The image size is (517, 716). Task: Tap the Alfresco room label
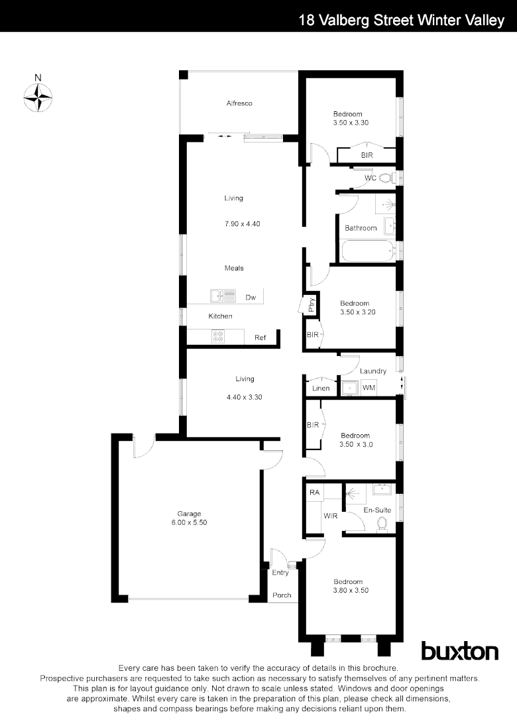[239, 103]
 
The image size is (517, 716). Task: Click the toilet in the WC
[385, 178]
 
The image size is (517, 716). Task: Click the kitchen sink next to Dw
[219, 296]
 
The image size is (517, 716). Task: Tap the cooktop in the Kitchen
[218, 337]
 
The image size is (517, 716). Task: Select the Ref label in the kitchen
[260, 338]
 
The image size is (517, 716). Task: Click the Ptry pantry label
[310, 304]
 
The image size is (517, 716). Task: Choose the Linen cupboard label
[321, 388]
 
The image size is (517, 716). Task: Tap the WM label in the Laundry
[369, 388]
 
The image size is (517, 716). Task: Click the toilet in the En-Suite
[382, 524]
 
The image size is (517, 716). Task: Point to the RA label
[314, 493]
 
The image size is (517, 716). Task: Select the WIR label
[331, 515]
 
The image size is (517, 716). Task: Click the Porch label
[282, 595]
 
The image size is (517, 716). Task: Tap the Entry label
[280, 573]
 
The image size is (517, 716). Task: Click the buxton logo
[459, 651]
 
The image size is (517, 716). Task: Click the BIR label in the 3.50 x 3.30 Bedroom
[367, 155]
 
